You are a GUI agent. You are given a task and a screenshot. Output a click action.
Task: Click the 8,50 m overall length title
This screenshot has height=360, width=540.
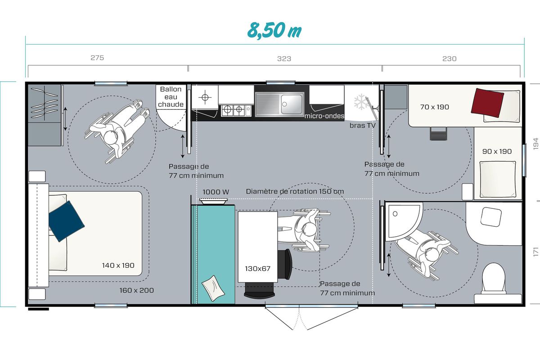point(274,31)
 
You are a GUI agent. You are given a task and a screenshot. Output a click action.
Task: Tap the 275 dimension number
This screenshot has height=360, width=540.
point(97,58)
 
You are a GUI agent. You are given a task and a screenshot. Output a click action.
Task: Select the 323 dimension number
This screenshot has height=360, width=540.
point(284,59)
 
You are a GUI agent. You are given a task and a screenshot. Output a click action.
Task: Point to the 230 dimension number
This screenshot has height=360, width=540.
point(450,59)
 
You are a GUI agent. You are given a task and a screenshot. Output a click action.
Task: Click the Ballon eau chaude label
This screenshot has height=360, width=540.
point(171,97)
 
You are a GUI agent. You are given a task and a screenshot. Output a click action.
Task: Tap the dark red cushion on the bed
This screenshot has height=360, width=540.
point(487,103)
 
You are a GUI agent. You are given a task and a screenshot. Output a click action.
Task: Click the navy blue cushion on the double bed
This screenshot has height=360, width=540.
point(66,221)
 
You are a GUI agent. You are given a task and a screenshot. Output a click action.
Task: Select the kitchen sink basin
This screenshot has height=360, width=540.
point(291,104)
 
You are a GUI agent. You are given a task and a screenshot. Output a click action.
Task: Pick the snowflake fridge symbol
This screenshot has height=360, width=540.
point(361,102)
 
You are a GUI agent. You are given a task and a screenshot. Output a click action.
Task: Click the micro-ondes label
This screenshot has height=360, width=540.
point(324,116)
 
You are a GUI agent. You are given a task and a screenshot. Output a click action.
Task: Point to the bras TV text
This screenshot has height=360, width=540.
point(363,126)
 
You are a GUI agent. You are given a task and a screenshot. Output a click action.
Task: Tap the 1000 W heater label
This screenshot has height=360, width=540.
point(216,192)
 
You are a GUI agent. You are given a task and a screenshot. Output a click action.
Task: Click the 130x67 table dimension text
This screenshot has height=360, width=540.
point(258,269)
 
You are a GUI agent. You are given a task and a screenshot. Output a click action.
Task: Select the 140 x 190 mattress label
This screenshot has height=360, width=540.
point(118,265)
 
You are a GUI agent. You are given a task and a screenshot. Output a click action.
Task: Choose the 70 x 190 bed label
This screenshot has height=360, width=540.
point(434,107)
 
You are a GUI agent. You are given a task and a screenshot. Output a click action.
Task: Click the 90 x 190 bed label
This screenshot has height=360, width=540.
point(497,152)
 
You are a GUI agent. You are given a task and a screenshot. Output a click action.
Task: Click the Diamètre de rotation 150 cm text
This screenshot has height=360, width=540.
point(295,191)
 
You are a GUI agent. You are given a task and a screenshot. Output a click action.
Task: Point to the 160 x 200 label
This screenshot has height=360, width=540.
point(137,290)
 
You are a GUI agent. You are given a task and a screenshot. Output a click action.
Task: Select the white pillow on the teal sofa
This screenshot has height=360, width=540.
point(213,288)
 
